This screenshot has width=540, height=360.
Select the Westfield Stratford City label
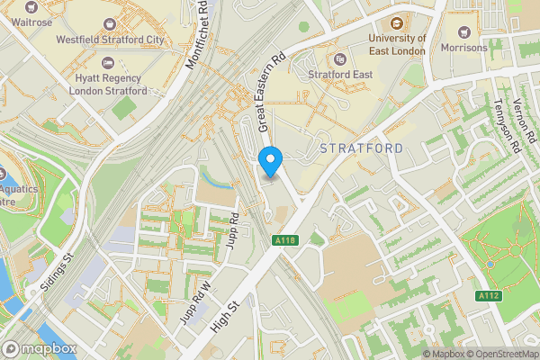110,40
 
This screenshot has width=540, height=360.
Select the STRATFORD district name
361,147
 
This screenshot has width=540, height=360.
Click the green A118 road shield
285,240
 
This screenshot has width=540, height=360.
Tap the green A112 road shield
489,295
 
